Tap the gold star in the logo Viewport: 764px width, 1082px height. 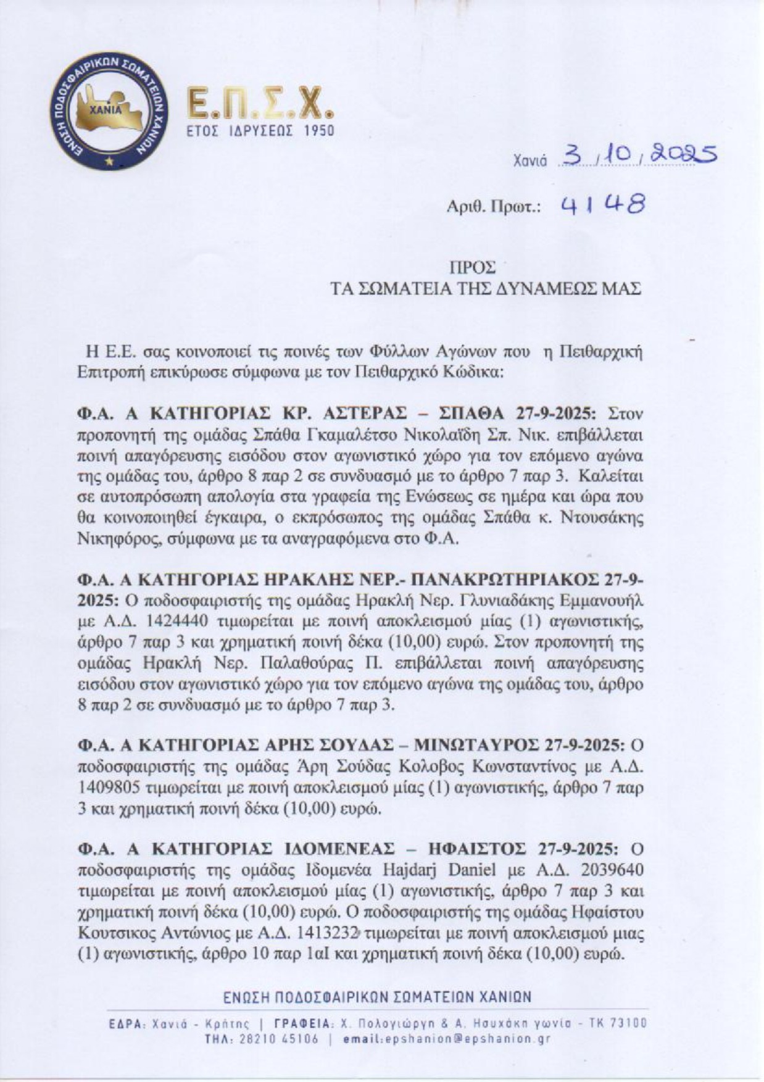tap(109, 162)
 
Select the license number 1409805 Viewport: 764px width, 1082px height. tap(109, 788)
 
